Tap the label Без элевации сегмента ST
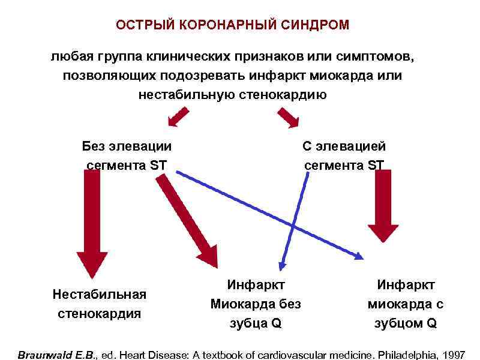click(x=127, y=155)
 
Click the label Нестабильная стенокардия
click(x=99, y=304)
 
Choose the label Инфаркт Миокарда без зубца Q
click(x=256, y=304)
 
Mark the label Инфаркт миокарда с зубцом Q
click(x=406, y=304)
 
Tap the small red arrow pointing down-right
click(x=288, y=118)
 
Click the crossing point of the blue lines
click(x=293, y=226)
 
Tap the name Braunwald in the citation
click(x=44, y=355)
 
